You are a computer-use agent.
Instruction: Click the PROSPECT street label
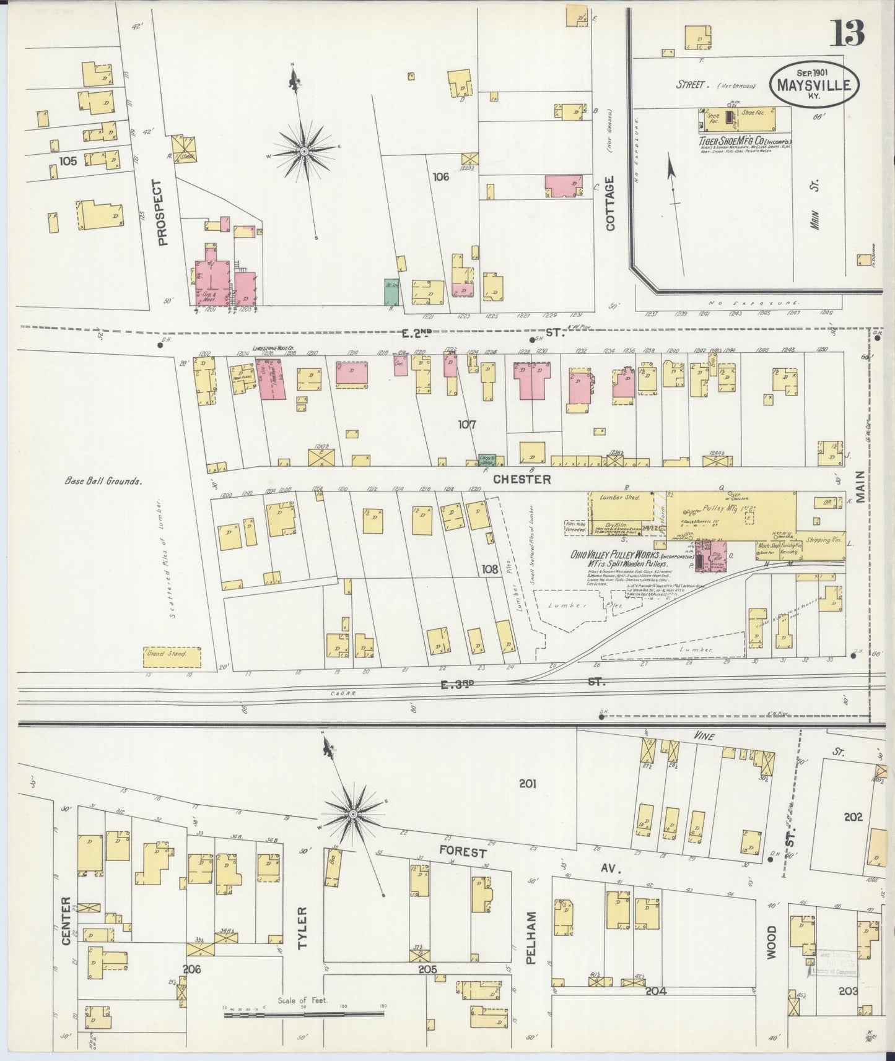pos(163,212)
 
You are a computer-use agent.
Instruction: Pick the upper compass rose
pos(303,150)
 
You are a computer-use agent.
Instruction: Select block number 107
pos(466,425)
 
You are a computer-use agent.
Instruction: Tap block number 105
pos(68,161)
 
